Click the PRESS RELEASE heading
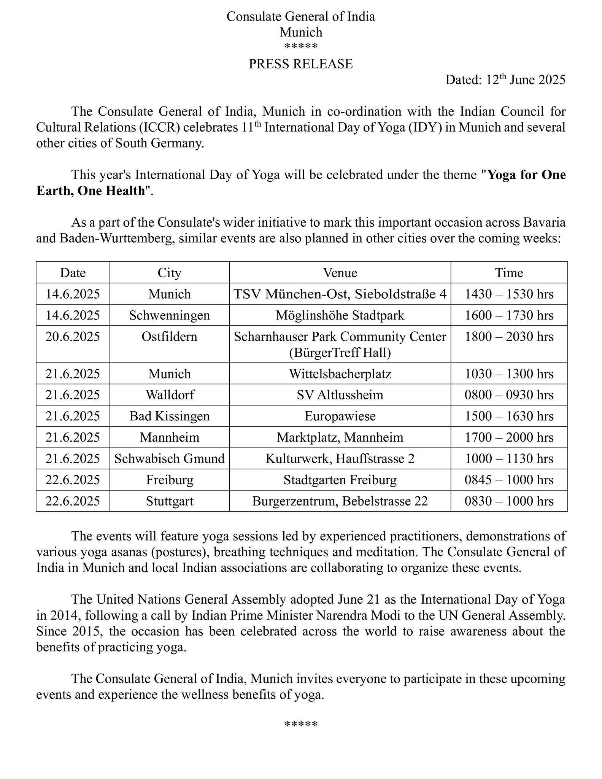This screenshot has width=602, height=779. (x=300, y=64)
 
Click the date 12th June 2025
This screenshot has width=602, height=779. (x=526, y=80)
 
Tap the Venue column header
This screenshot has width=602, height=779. (x=340, y=273)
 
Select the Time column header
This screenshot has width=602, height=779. (x=509, y=273)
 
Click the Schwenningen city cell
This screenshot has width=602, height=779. (x=170, y=315)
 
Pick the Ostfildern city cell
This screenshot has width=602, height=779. (x=170, y=337)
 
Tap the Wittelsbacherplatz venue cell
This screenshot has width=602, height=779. (x=340, y=374)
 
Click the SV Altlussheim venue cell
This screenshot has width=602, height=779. (x=340, y=395)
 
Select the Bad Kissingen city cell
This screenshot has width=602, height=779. (x=170, y=416)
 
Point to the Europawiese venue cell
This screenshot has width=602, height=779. (x=340, y=416)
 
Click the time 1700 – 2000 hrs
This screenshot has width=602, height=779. (x=509, y=437)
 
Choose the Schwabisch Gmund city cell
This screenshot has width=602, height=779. (x=170, y=459)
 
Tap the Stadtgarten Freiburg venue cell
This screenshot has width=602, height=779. (x=340, y=480)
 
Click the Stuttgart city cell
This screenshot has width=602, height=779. (x=170, y=501)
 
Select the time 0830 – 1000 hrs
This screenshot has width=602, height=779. (x=509, y=501)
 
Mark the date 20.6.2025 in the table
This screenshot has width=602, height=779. (x=73, y=337)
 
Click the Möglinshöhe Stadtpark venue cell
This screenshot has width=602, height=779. (x=340, y=315)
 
